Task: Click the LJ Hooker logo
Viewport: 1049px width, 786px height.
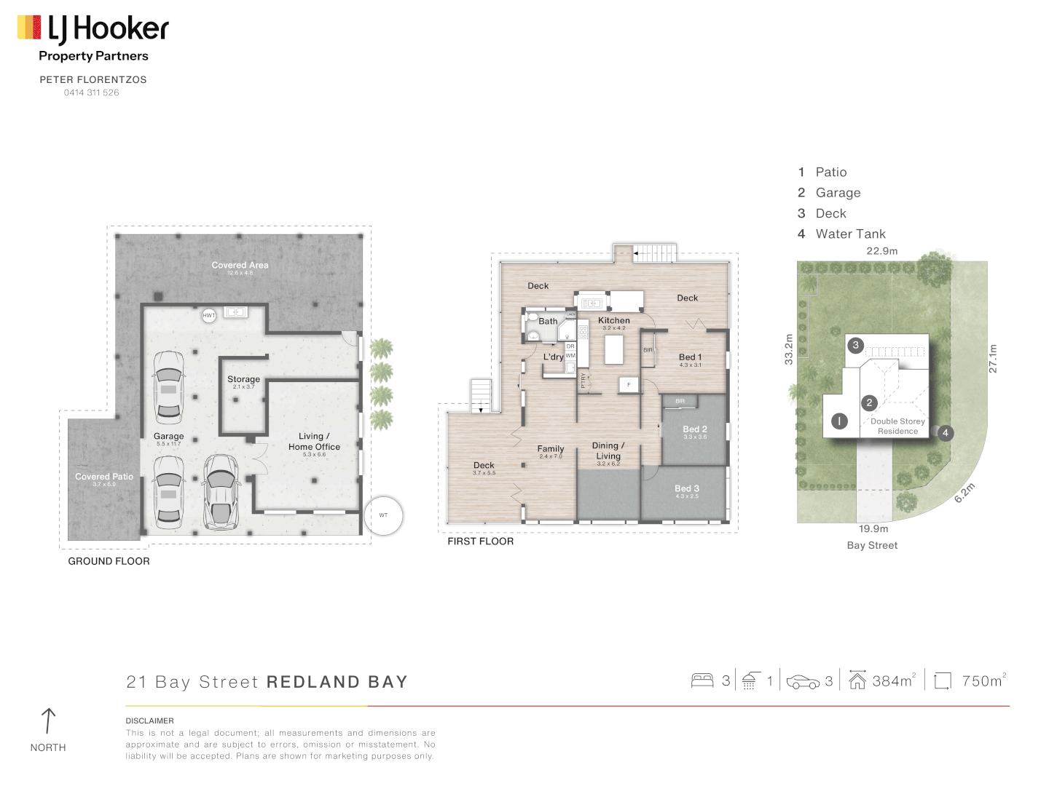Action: [93, 29]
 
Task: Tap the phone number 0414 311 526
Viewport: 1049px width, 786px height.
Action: [91, 92]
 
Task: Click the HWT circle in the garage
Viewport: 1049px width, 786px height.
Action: [209, 316]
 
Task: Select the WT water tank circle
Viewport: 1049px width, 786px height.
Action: [383, 515]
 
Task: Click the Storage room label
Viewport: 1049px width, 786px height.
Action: [243, 379]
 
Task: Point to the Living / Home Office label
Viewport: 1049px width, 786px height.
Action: [314, 442]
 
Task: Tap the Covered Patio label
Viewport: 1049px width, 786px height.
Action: [104, 477]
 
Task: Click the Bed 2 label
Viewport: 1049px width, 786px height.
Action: [694, 429]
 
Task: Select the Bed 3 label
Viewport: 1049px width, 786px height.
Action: [686, 488]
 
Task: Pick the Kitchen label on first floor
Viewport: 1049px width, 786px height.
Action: [613, 320]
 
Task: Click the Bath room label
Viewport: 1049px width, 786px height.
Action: [548, 321]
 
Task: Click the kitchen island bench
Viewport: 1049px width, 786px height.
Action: [614, 349]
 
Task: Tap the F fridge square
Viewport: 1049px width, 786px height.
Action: [629, 384]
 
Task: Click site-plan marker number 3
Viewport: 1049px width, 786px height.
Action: [856, 346]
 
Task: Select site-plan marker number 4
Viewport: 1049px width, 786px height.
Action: [945, 433]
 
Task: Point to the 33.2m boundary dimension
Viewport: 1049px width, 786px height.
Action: [788, 349]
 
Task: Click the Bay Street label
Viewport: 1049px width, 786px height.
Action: [872, 545]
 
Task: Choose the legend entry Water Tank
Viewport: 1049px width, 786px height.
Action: [850, 234]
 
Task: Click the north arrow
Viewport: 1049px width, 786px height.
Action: [48, 721]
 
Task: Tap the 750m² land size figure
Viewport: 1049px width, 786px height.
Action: [983, 680]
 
